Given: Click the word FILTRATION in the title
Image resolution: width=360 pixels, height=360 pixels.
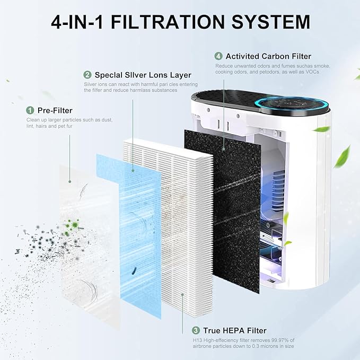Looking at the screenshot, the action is point(168,22).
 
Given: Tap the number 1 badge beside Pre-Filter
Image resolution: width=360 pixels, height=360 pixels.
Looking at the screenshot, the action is point(30,110).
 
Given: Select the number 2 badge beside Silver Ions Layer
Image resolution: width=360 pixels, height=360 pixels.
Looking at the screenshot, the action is point(87,75).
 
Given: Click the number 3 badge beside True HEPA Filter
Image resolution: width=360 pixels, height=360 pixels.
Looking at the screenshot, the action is point(196,330).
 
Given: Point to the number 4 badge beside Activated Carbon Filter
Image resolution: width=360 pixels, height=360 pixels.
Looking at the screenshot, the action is point(218,56).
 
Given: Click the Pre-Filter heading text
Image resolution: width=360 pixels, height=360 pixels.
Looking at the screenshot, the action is point(55,110).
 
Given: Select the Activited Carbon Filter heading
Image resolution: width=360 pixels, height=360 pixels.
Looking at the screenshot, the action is point(268,56).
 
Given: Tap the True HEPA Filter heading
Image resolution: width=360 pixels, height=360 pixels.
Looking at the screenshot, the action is point(235,331).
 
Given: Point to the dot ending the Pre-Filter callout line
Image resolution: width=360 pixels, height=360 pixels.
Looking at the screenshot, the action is point(70,182).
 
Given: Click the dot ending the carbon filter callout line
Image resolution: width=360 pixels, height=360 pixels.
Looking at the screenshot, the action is point(224,149).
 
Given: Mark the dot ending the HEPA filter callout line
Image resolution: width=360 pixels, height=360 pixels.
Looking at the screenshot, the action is point(182,294).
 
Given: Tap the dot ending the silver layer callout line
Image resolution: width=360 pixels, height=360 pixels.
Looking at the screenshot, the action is point(133,171).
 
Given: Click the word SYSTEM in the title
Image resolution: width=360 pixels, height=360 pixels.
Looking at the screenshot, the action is point(271,22).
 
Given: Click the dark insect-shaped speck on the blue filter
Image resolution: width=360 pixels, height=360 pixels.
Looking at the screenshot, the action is point(134,271).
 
